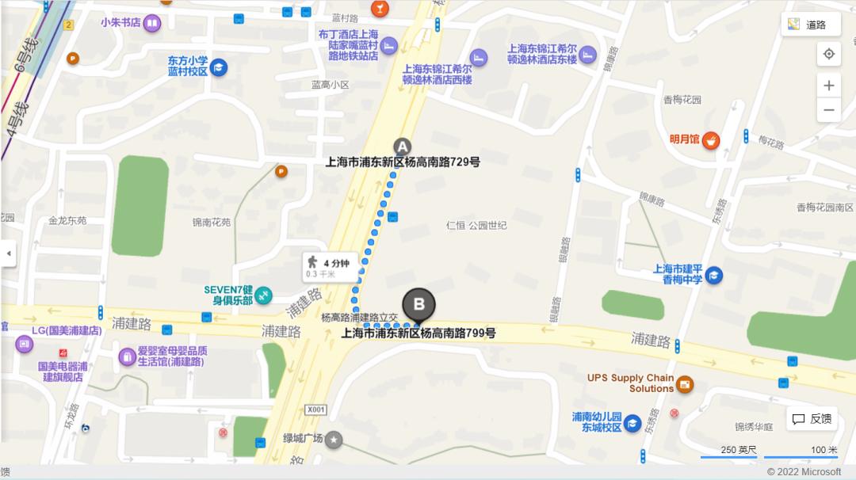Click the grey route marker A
click(x=403, y=147)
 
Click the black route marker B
click(x=419, y=304)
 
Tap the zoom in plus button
click(x=828, y=86)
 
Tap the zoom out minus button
click(x=828, y=109)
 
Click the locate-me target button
click(x=828, y=54)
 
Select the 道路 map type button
click(x=810, y=25)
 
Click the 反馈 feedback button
click(x=812, y=419)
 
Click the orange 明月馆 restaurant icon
click(x=711, y=139)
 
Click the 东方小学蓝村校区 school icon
click(x=218, y=67)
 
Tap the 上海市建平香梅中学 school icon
click(x=713, y=275)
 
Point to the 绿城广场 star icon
click(x=334, y=439)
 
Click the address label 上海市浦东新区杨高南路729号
click(x=403, y=162)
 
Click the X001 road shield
click(x=315, y=410)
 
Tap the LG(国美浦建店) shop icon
click(x=25, y=345)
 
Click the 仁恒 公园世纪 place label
click(x=476, y=226)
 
